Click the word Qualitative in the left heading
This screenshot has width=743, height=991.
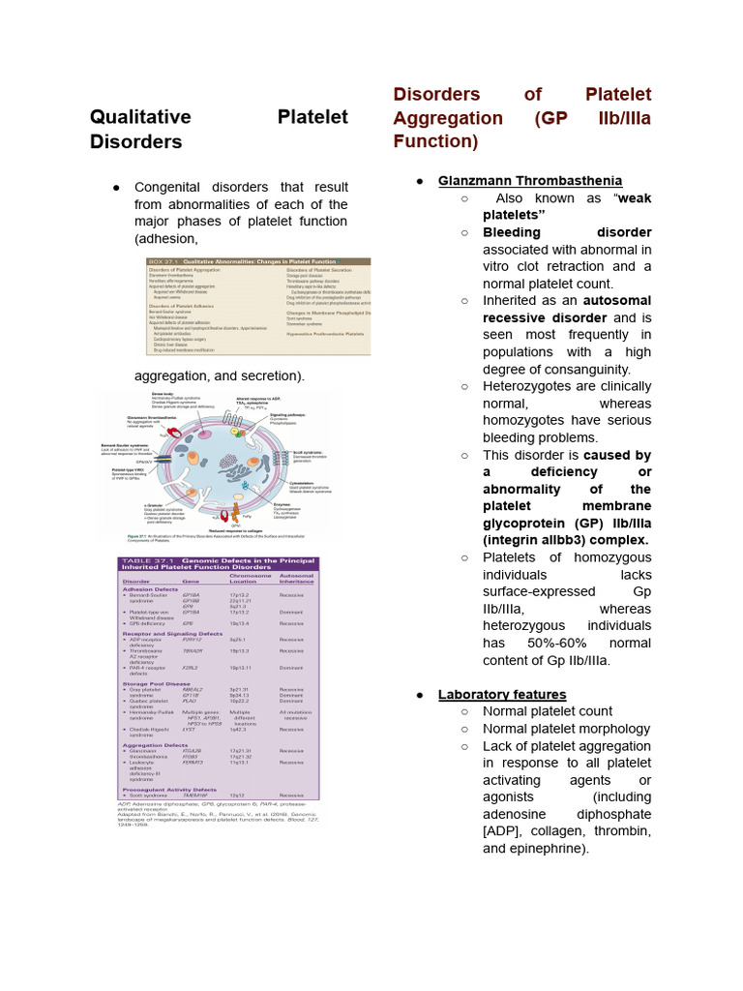coord(140,117)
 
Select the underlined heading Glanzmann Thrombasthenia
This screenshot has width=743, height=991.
coord(529,181)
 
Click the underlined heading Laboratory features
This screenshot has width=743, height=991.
coord(502,694)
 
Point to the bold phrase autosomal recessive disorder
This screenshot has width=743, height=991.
coord(567,309)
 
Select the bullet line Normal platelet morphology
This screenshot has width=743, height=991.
coord(566,729)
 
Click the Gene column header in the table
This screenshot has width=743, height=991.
coord(191,578)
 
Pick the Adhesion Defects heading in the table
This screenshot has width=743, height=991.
coord(150,588)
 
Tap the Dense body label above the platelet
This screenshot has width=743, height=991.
coord(163,395)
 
